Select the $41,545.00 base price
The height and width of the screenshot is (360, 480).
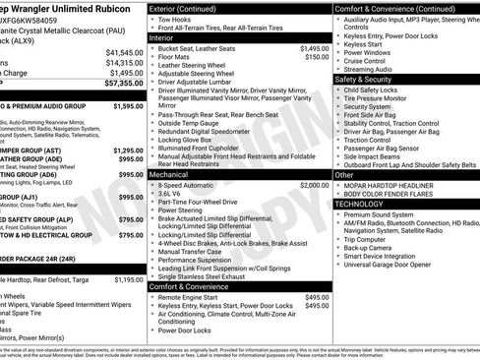click(123, 51)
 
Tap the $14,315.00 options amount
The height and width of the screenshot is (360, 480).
click(123, 62)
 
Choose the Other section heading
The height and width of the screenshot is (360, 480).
click(344, 174)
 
